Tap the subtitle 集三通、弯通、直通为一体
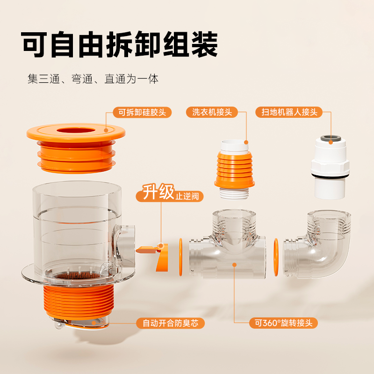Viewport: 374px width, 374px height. pyautogui.click(x=93, y=79)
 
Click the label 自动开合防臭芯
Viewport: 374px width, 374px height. pyautogui.click(x=170, y=323)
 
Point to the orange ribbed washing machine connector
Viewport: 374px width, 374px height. pyautogui.click(x=234, y=168)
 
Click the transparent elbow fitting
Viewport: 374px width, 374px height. pyautogui.click(x=321, y=248)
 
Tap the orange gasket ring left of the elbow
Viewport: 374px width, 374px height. pyautogui.click(x=276, y=257)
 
